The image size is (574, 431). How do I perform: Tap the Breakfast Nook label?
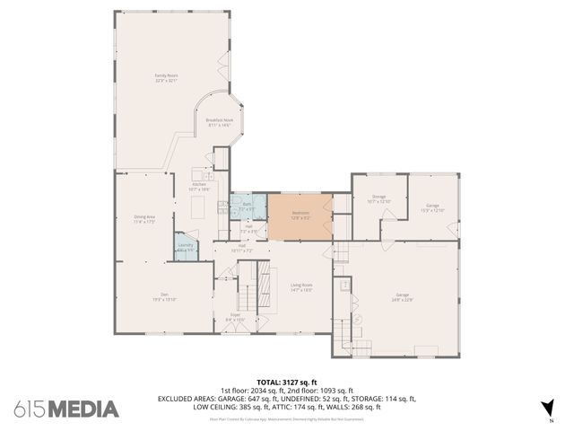point(219,122)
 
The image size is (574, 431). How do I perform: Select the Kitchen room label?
point(199,187)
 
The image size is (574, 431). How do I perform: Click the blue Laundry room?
point(186,247)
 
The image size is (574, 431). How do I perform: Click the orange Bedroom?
point(300,216)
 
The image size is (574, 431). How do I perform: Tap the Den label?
point(165,296)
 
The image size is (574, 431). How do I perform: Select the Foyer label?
point(236,317)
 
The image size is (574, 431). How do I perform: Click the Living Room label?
point(300,287)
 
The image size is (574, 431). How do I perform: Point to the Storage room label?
point(379,198)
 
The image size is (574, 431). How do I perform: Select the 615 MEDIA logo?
point(66,409)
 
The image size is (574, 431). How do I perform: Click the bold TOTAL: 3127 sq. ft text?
point(287,382)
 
